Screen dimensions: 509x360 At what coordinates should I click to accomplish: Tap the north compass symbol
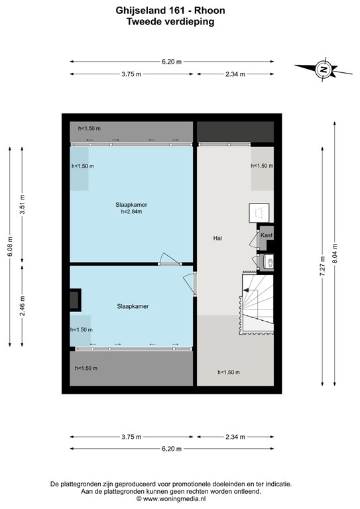[x=322, y=69]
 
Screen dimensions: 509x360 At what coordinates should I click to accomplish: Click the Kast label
[x=266, y=235]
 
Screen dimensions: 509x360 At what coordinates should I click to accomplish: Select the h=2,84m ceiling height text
[x=131, y=213]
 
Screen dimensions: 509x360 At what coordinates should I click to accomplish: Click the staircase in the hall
[x=257, y=302]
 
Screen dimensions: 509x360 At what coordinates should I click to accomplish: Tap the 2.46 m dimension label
[x=23, y=305]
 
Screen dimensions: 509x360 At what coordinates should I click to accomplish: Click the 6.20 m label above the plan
[x=172, y=62]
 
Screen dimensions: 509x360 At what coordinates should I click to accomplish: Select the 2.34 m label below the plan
[x=235, y=437]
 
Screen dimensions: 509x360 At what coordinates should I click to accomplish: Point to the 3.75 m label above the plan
[x=131, y=74]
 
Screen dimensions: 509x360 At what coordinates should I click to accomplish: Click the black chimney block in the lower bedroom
[x=74, y=300]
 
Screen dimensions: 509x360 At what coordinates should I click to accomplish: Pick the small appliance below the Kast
[x=268, y=262]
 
